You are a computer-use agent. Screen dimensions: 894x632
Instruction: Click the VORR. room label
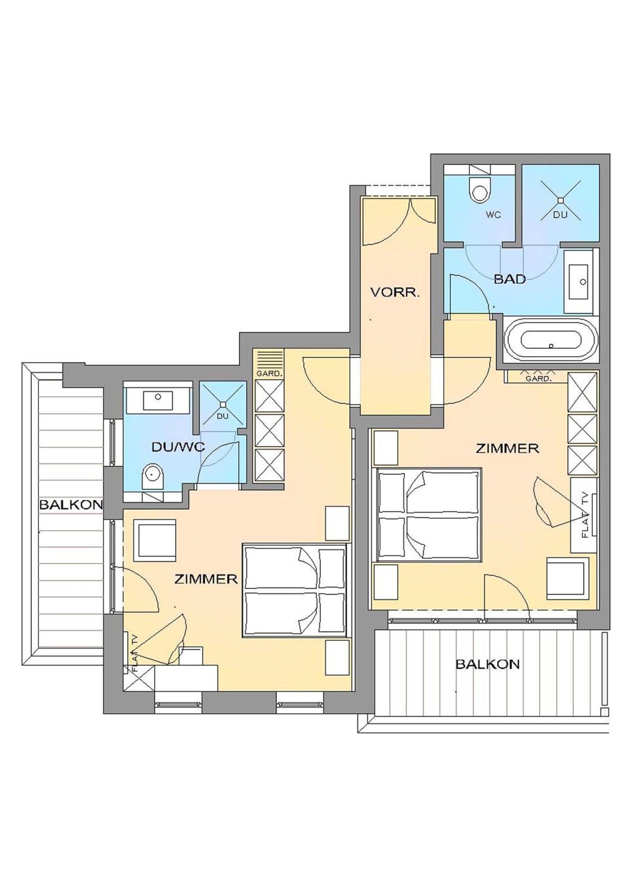point(394,292)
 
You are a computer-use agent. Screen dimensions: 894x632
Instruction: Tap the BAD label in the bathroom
point(510,279)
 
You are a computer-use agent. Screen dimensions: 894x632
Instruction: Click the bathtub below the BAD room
point(550,340)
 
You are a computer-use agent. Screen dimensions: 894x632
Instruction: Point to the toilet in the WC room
point(480,188)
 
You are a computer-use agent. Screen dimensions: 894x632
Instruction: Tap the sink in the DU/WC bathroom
point(158,400)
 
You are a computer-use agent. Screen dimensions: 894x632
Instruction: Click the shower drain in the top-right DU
point(561,200)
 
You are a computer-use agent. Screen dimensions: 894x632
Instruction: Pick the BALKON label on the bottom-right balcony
point(487,664)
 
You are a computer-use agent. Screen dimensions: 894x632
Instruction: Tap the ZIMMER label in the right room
point(507,448)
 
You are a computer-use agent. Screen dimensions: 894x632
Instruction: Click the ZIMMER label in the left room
point(206,579)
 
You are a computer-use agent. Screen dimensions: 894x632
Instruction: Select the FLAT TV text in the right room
point(585,515)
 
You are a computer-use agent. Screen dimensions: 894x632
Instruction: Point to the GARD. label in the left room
point(269,373)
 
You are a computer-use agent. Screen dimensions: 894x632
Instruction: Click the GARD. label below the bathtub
point(537,379)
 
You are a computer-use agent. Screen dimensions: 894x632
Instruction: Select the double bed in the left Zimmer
point(294,590)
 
